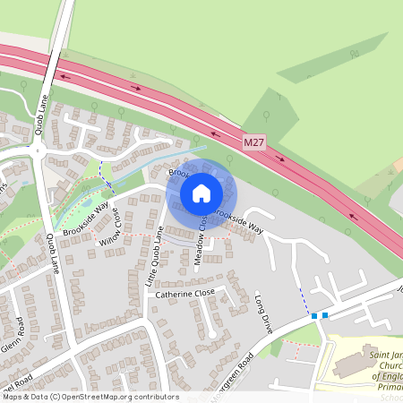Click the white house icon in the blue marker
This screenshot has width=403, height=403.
[x=201, y=193]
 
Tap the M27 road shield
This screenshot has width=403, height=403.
[x=255, y=142]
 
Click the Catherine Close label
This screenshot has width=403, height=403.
[x=186, y=293]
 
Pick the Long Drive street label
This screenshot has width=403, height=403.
[x=262, y=308]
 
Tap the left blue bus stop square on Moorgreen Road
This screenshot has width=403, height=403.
[x=314, y=315]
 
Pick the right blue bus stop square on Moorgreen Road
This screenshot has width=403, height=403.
[x=325, y=315]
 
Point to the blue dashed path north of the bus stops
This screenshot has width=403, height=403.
[x=304, y=296]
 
